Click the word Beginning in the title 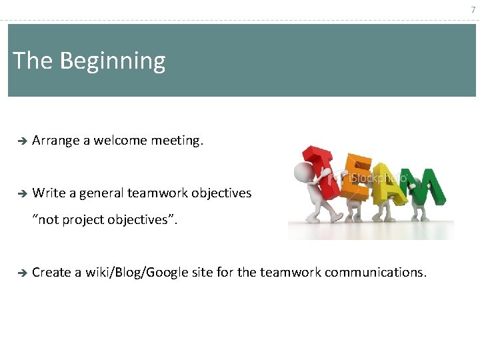click(112, 61)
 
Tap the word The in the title click(33, 61)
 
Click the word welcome click(120, 141)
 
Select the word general click(101, 193)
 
